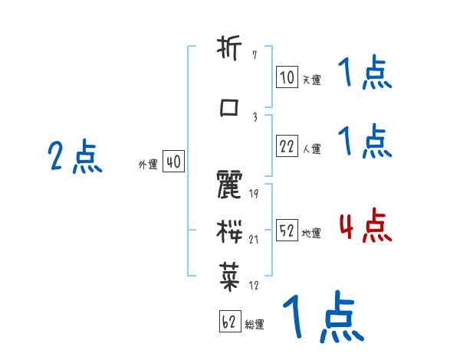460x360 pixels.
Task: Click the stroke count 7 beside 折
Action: tap(254, 57)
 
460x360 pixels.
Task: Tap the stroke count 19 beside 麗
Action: tap(255, 193)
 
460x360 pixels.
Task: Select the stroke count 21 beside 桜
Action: tap(255, 239)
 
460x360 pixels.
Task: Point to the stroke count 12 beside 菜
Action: tap(255, 286)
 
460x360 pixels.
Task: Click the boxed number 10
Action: tap(287, 77)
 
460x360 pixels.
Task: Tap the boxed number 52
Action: tap(287, 231)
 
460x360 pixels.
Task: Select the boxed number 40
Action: tap(173, 162)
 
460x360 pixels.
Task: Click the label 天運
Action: tap(311, 80)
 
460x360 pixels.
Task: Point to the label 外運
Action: tap(148, 164)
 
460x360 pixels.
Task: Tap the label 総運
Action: tap(255, 324)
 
